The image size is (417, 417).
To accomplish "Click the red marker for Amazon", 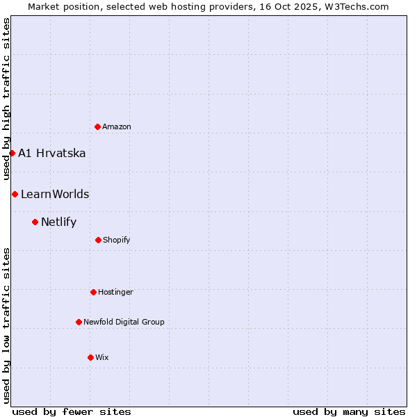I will pos(97,126).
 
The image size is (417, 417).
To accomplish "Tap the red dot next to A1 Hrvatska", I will pos(12,153).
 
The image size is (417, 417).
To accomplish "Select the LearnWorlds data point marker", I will pos(15,194).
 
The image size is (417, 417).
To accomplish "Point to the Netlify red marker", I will pos(35,222).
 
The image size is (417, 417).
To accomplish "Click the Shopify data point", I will pos(98,240).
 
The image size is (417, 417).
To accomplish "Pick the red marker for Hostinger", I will pos(93,292).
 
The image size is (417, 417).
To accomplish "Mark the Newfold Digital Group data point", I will pos(79,322).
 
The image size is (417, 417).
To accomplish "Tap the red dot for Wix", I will pos(90,357).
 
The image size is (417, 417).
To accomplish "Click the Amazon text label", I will pos(117,126).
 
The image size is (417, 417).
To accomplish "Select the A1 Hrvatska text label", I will pos(52,153).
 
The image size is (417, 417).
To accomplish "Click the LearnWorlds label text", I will pos(55,194).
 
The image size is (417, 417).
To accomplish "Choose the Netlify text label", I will pos(59,222).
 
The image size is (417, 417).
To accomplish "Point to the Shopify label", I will pos(117,240).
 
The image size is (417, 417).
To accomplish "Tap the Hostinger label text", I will pos(115,292).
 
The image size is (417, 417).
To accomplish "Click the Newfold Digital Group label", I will pos(124,322).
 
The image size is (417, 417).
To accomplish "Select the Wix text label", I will pos(102,357).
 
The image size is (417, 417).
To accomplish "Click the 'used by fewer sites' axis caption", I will pos(72,411).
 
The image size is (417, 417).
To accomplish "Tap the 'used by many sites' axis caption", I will pos(349,411).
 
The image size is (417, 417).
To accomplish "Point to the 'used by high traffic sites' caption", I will pos(6,99).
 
